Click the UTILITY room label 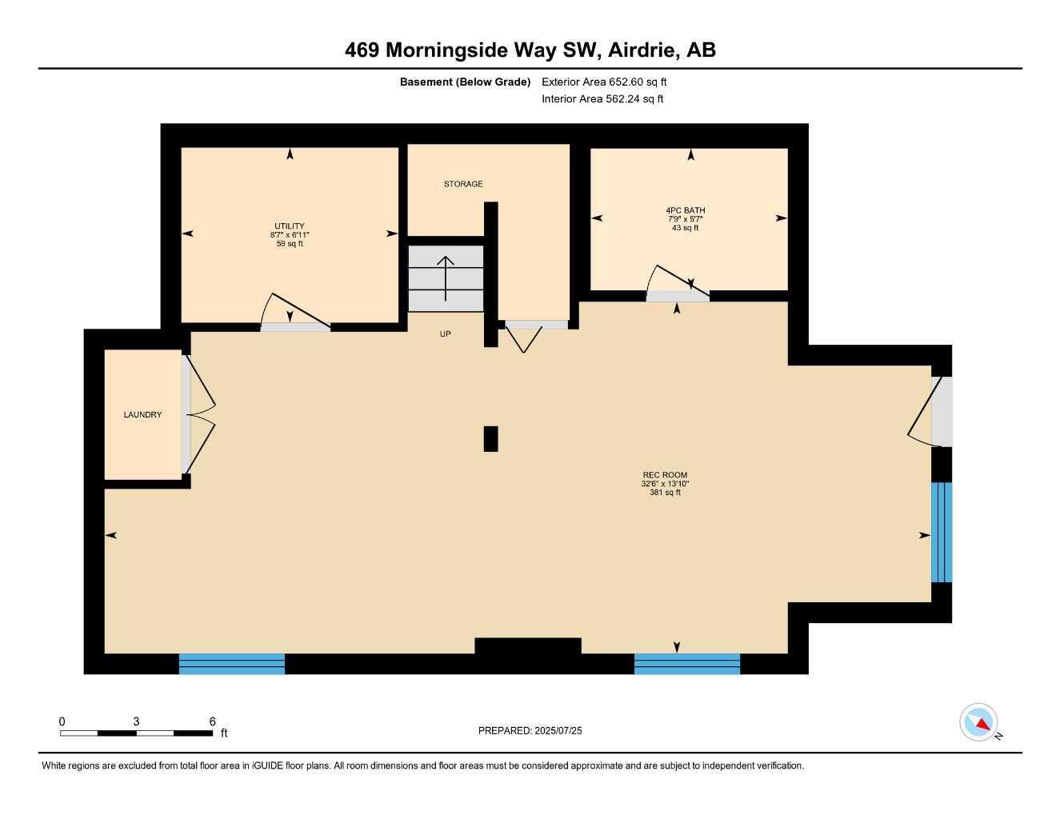coord(289,226)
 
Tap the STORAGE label coord(463,184)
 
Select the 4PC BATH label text coord(685,210)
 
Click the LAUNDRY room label coord(142,414)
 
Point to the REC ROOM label coord(664,475)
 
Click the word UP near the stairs coord(445,334)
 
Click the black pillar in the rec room coord(490,438)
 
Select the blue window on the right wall coord(942,532)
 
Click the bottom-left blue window coord(231,664)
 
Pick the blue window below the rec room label coord(686,664)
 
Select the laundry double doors coord(200,414)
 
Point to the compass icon coord(978,722)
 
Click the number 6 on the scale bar coord(212,721)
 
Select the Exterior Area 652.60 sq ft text coord(604,82)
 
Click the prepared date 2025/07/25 coord(558,730)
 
